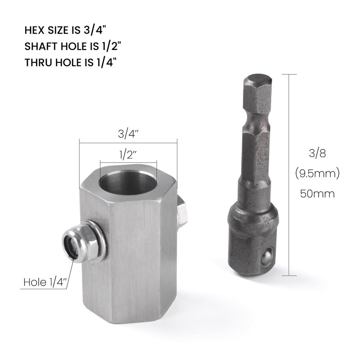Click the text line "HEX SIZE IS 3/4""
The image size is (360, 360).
pos(66,30)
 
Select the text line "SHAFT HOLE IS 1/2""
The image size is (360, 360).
pos(72,46)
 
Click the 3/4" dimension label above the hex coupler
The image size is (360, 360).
pos(128,134)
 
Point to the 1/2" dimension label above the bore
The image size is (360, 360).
pos(128,155)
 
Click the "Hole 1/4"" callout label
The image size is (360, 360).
pos(45,282)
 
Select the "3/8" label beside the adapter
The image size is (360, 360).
pos(317,153)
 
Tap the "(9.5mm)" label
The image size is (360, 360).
pos(317,174)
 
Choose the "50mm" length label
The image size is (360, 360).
pos(317,194)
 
